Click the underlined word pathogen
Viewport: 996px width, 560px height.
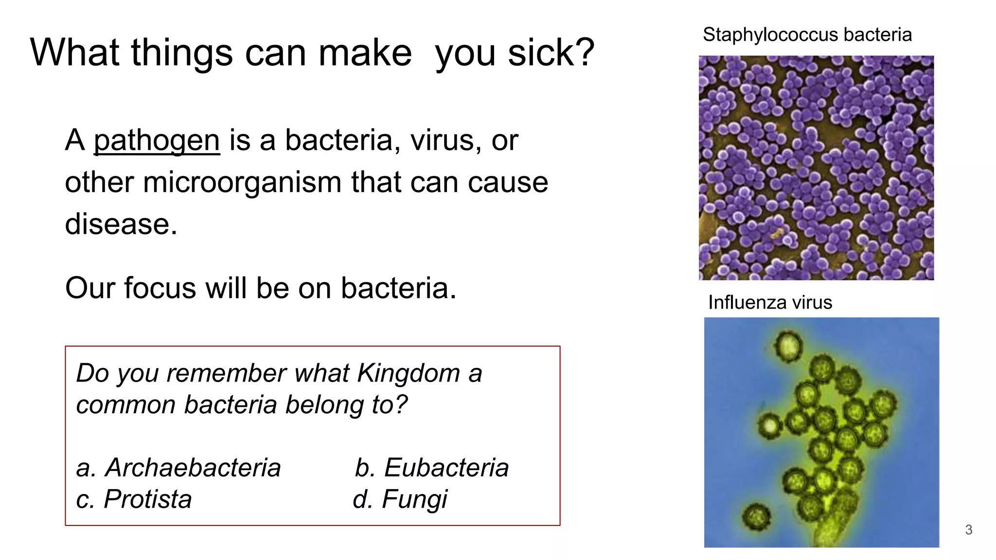157,141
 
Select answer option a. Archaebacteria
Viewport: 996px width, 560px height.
178,468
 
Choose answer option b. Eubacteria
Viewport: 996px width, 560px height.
431,468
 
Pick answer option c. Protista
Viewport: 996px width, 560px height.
134,499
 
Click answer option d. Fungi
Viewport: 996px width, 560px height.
400,499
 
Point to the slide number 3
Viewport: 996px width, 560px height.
968,530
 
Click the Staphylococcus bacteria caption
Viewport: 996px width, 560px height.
807,35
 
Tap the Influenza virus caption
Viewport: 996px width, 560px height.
770,302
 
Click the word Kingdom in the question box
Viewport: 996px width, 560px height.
408,373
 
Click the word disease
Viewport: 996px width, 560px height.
121,224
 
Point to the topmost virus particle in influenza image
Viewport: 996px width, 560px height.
788,347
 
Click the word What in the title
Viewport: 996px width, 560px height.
75,52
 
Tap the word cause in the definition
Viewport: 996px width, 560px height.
508,182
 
